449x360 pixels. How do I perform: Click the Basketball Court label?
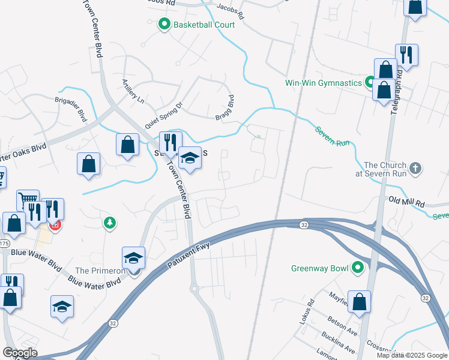204,25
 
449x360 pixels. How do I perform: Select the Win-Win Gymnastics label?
323,82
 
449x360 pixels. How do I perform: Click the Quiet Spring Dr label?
163,115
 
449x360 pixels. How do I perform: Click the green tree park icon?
109,223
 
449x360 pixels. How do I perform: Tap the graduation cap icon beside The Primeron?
133,259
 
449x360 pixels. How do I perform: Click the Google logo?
20,353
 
